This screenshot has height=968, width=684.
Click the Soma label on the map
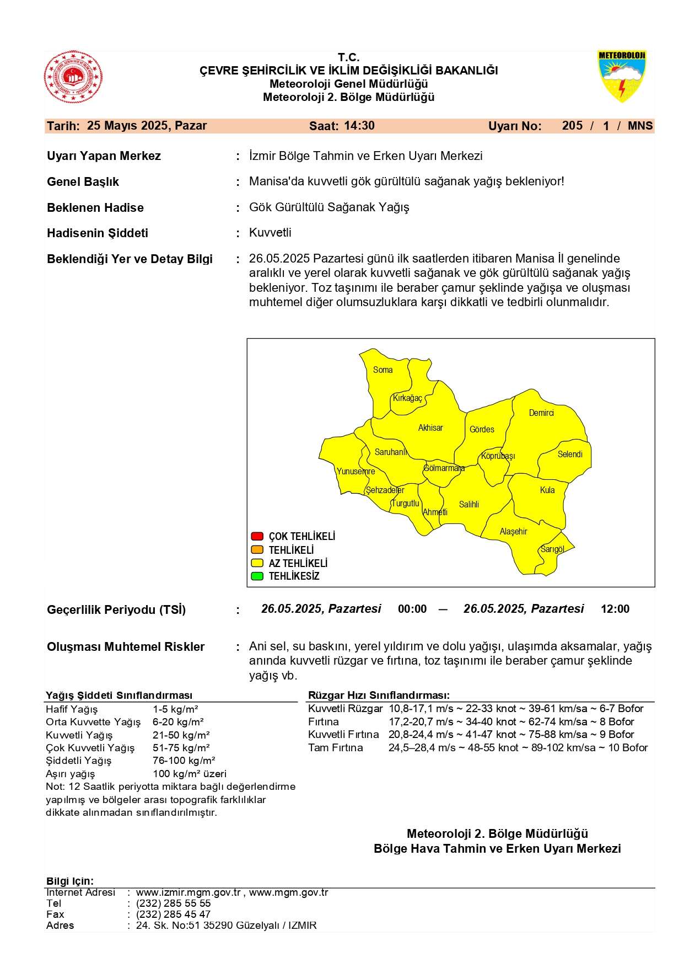pyautogui.click(x=383, y=370)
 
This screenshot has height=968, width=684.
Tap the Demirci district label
pyautogui.click(x=541, y=413)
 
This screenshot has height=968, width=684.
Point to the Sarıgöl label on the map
pyautogui.click(x=552, y=549)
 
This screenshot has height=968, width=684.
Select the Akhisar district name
pyautogui.click(x=430, y=428)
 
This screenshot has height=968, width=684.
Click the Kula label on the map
pyautogui.click(x=547, y=490)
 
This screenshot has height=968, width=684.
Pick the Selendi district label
pyautogui.click(x=569, y=454)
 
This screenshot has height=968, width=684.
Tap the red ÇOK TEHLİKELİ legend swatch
pyautogui.click(x=257, y=536)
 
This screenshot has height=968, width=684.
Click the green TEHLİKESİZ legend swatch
pyautogui.click(x=257, y=576)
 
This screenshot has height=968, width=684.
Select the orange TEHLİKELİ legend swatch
pyautogui.click(x=257, y=550)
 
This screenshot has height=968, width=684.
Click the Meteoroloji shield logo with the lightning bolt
pyautogui.click(x=621, y=76)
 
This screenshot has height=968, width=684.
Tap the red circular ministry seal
pyautogui.click(x=73, y=77)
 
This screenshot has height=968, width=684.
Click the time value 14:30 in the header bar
pyautogui.click(x=359, y=126)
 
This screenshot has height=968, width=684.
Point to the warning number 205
pyautogui.click(x=572, y=126)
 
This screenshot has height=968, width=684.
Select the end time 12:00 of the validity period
pyautogui.click(x=615, y=609)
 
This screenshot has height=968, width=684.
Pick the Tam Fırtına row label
pyautogui.click(x=335, y=748)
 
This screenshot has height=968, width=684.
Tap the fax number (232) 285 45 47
pyautogui.click(x=173, y=914)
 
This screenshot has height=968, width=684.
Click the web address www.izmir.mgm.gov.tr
pyautogui.click(x=188, y=892)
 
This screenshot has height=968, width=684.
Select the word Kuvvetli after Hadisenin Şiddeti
pyautogui.click(x=270, y=233)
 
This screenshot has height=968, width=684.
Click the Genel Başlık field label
pyautogui.click(x=83, y=182)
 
